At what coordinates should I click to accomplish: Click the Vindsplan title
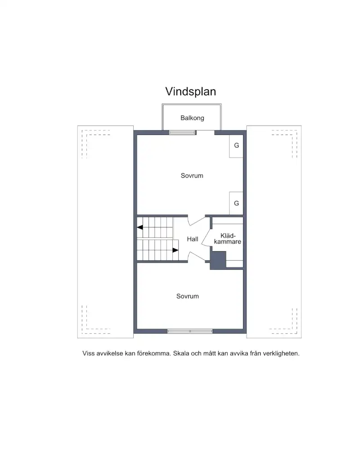point(190,91)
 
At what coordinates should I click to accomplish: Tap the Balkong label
point(192,118)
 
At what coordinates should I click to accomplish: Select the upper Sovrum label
point(192,176)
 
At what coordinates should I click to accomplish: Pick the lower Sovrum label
point(188,296)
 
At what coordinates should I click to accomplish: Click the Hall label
point(193,239)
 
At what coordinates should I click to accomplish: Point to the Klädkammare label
point(228,239)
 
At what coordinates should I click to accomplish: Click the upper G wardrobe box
point(236,146)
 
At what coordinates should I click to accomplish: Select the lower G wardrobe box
point(236,203)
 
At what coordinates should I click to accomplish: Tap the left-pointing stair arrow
point(140,227)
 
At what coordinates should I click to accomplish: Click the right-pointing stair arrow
point(175,250)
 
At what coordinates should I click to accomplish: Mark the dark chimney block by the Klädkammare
point(218,260)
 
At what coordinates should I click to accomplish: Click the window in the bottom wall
point(190,331)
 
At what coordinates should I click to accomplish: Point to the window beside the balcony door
point(182,132)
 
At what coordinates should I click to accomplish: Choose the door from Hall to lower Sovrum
point(197,257)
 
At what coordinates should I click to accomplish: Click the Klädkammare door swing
point(206,238)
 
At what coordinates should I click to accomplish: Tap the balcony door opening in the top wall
point(205,133)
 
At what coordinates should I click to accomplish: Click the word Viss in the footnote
point(89,353)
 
